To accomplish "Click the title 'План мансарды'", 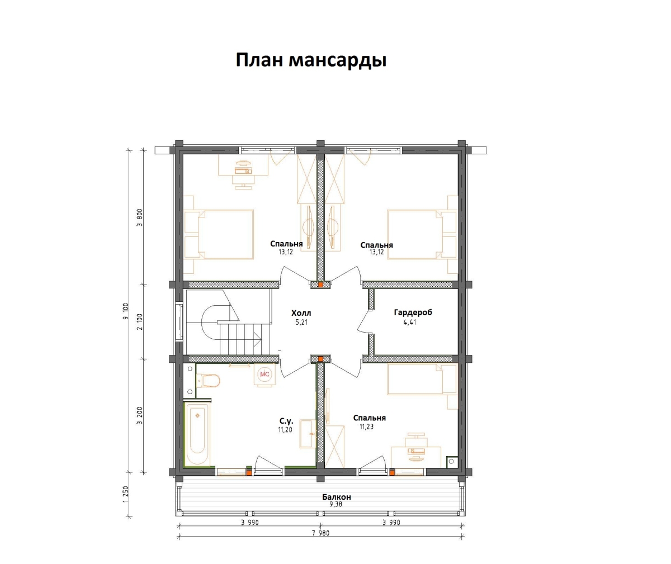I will (311, 60).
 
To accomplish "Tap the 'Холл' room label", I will (301, 313).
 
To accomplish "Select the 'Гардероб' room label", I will (413, 312).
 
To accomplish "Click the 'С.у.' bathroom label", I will (287, 421).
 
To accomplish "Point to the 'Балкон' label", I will (337, 497).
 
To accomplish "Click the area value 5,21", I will (301, 323).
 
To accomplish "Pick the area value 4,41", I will (409, 323).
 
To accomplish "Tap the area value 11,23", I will (367, 426).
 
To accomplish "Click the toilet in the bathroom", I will (208, 381).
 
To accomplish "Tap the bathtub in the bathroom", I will (197, 434).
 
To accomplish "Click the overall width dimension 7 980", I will (320, 533).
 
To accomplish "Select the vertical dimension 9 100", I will (126, 311).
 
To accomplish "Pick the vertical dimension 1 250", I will (126, 494).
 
